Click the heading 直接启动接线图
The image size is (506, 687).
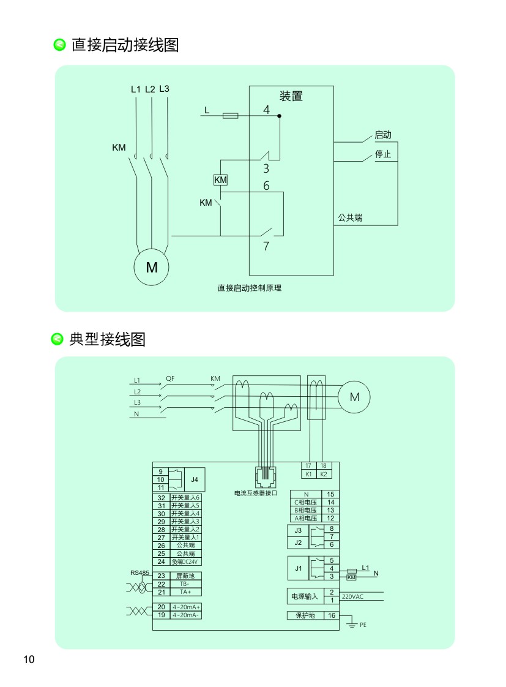(125, 45)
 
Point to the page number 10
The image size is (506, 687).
(29, 659)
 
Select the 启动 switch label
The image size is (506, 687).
(382, 135)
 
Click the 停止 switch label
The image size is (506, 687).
(382, 154)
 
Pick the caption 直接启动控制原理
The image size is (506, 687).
(249, 288)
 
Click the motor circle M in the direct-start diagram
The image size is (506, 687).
(151, 268)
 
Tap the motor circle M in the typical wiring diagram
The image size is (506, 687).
(354, 397)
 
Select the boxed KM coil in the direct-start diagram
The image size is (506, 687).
(220, 180)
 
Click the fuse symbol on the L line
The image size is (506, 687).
(230, 115)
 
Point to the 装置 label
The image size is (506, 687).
(291, 96)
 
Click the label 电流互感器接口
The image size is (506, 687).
(256, 492)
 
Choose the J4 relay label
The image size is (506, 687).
(195, 479)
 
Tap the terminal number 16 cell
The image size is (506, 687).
(331, 615)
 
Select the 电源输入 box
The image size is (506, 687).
(303, 596)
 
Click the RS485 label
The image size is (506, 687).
(140, 573)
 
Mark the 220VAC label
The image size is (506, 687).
(353, 596)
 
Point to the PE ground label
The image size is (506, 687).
(363, 625)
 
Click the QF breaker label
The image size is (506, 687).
(170, 379)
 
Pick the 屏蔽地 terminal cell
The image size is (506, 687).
(185, 576)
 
